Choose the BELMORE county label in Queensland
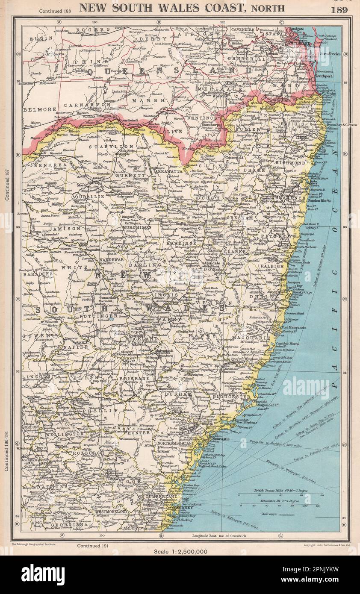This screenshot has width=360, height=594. tap(40, 109)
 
